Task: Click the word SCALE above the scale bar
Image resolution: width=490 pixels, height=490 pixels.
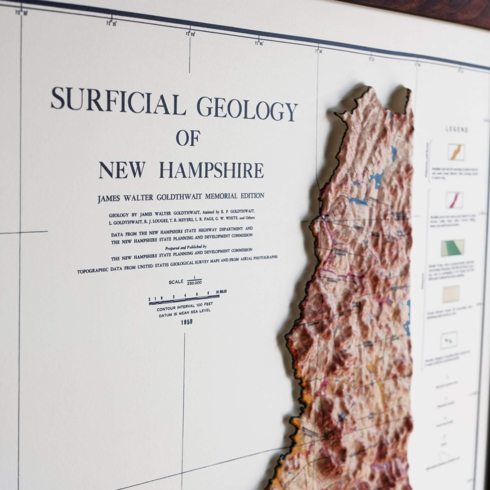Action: [176, 282]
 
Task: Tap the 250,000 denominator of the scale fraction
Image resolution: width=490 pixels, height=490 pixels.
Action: [195, 283]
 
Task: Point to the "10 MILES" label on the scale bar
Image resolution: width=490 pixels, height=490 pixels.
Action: [221, 292]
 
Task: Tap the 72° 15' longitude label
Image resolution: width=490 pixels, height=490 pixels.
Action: [111, 24]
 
